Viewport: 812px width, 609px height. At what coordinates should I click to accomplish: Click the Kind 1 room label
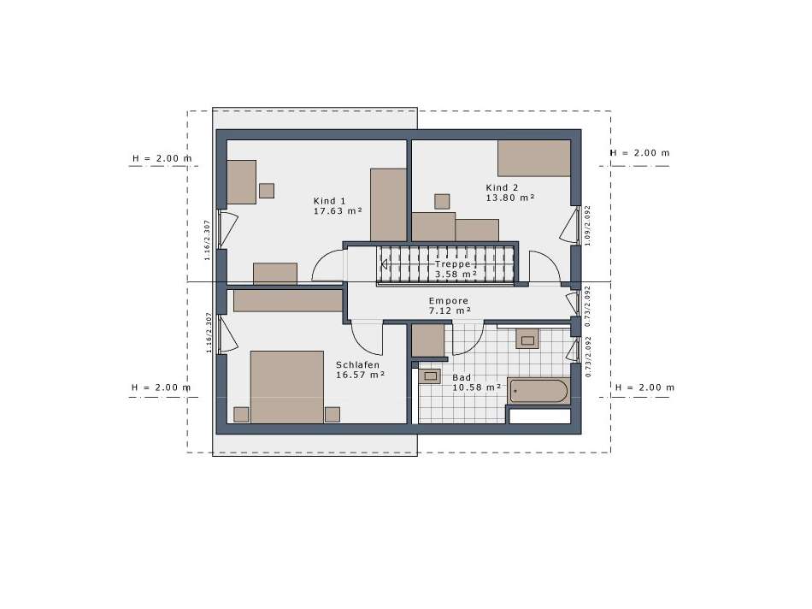(330, 200)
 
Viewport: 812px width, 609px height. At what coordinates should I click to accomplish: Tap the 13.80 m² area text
(509, 198)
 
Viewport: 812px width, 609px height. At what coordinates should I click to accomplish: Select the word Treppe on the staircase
(452, 264)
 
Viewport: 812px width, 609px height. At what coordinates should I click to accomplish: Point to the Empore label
(448, 301)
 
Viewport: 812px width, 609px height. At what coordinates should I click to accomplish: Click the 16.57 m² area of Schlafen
(360, 375)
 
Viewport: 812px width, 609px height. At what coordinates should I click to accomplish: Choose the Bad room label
(462, 377)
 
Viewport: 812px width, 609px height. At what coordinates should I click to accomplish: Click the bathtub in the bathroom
(538, 392)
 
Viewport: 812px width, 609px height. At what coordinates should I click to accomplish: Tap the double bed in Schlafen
(286, 386)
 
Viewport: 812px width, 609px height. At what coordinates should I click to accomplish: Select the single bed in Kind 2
(533, 158)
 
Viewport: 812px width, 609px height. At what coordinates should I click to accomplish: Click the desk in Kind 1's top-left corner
(241, 181)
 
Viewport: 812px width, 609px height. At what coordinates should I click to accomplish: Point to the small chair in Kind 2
(442, 201)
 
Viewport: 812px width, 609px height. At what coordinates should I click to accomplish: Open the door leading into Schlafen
(367, 337)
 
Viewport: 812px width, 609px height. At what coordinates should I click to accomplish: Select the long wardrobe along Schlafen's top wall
(287, 301)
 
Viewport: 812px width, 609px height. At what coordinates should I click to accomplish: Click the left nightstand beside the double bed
(241, 414)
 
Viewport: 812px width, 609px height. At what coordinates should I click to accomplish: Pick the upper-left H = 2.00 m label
(162, 158)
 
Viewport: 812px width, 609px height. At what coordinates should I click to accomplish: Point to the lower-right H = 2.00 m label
(644, 387)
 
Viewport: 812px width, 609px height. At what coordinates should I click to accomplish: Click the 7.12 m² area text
(450, 311)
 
